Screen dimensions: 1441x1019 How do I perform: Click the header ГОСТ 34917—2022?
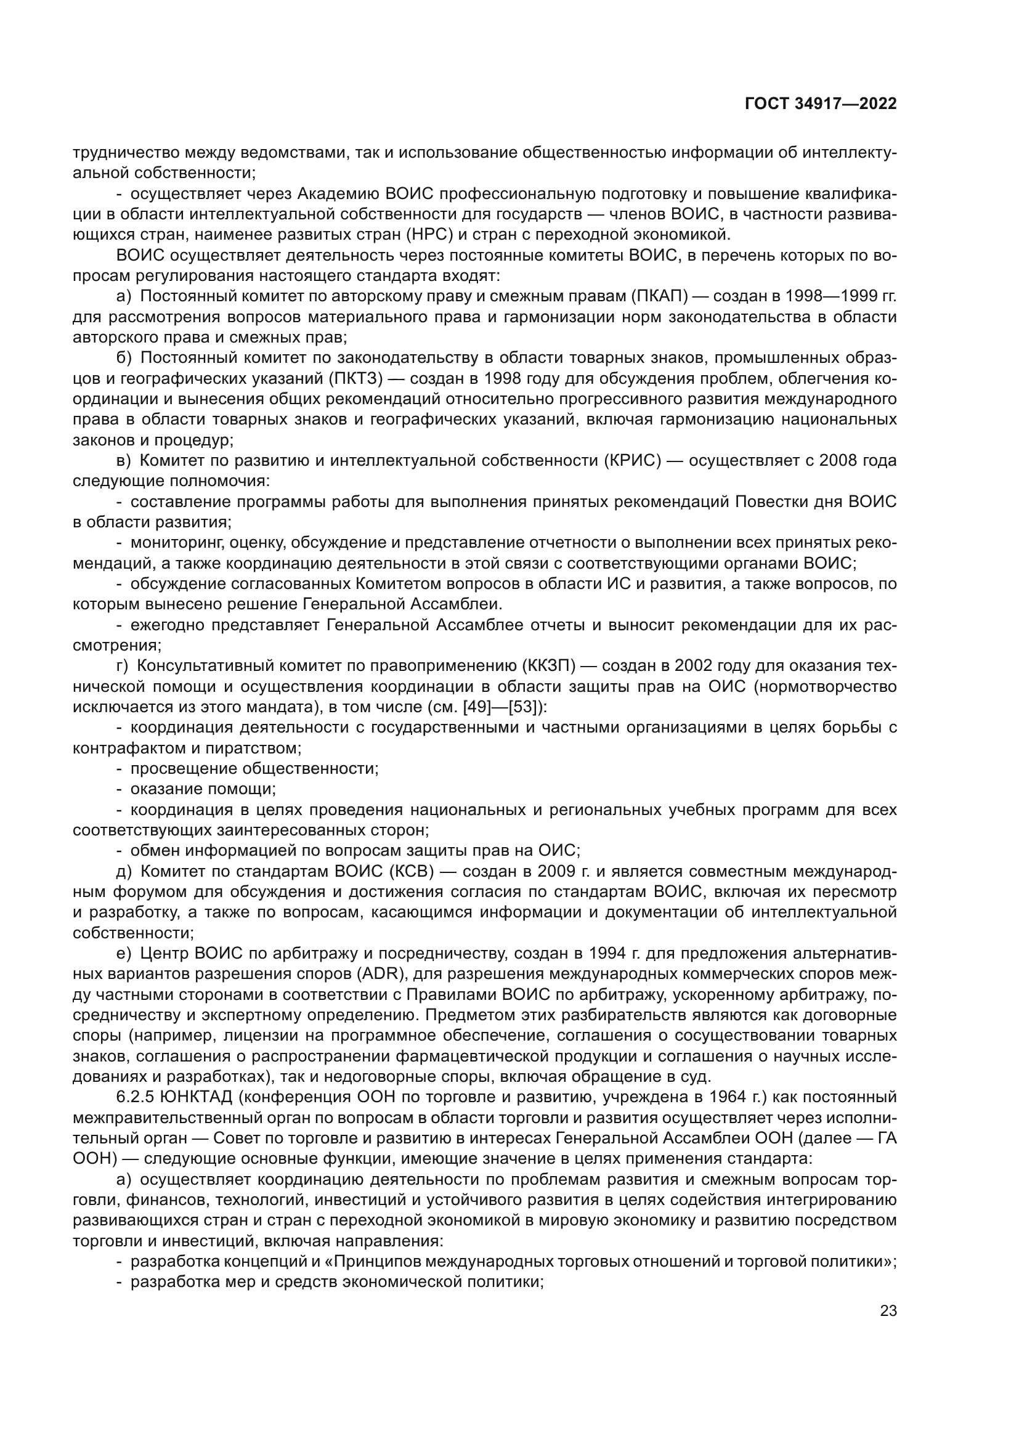click(821, 104)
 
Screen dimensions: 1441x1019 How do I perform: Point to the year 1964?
click(729, 1097)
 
